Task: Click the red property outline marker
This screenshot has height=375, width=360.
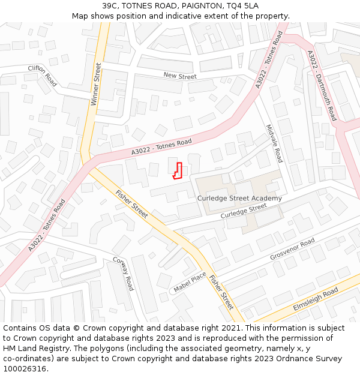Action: click(x=177, y=171)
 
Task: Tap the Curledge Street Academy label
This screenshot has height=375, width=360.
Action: click(x=239, y=199)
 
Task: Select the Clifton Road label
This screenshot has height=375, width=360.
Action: click(x=43, y=76)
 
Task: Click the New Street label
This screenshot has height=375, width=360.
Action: click(x=180, y=76)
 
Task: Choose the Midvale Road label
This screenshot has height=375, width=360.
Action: click(x=274, y=144)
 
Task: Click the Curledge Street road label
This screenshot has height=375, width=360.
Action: click(x=244, y=211)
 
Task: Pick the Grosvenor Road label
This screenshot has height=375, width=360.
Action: click(x=292, y=249)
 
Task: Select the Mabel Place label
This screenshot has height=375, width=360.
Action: click(x=190, y=282)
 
